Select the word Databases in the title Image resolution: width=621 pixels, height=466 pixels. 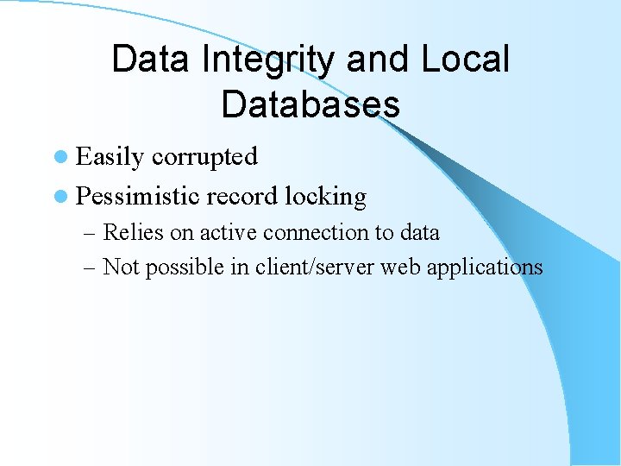point(310,104)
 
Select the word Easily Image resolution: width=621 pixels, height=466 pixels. point(110,157)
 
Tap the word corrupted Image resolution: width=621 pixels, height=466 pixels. point(204,156)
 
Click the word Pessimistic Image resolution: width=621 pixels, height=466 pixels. point(138,196)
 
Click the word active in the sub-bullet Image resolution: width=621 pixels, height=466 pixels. point(228,232)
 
